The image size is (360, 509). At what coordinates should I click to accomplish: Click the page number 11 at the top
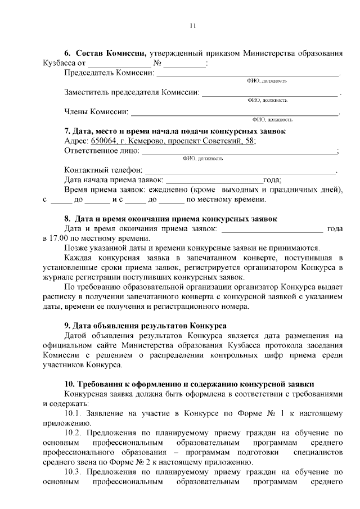point(192,26)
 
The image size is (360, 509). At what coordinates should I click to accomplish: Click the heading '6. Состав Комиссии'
point(105,53)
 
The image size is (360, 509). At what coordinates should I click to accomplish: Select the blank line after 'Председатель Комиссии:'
point(247,73)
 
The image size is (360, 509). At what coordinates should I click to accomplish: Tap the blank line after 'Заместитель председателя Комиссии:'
point(270,92)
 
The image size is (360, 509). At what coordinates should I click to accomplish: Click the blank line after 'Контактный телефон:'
point(240,170)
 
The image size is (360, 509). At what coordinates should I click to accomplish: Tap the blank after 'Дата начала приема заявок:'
point(213,180)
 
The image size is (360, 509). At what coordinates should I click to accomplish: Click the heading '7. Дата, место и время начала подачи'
point(174,131)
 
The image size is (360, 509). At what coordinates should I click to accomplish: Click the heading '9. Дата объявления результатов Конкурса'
point(145,326)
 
